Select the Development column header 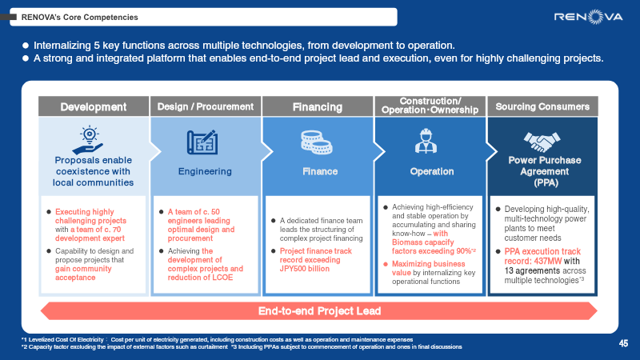click(94, 107)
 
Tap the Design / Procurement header click(206, 107)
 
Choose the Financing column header click(317, 107)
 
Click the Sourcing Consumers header click(542, 107)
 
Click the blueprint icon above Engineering click(206, 142)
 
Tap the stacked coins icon click(317, 142)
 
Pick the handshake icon click(542, 142)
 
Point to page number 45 click(623, 342)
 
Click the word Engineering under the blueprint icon click(206, 171)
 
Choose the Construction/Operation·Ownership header click(430, 106)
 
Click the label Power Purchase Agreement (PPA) click(542, 171)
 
